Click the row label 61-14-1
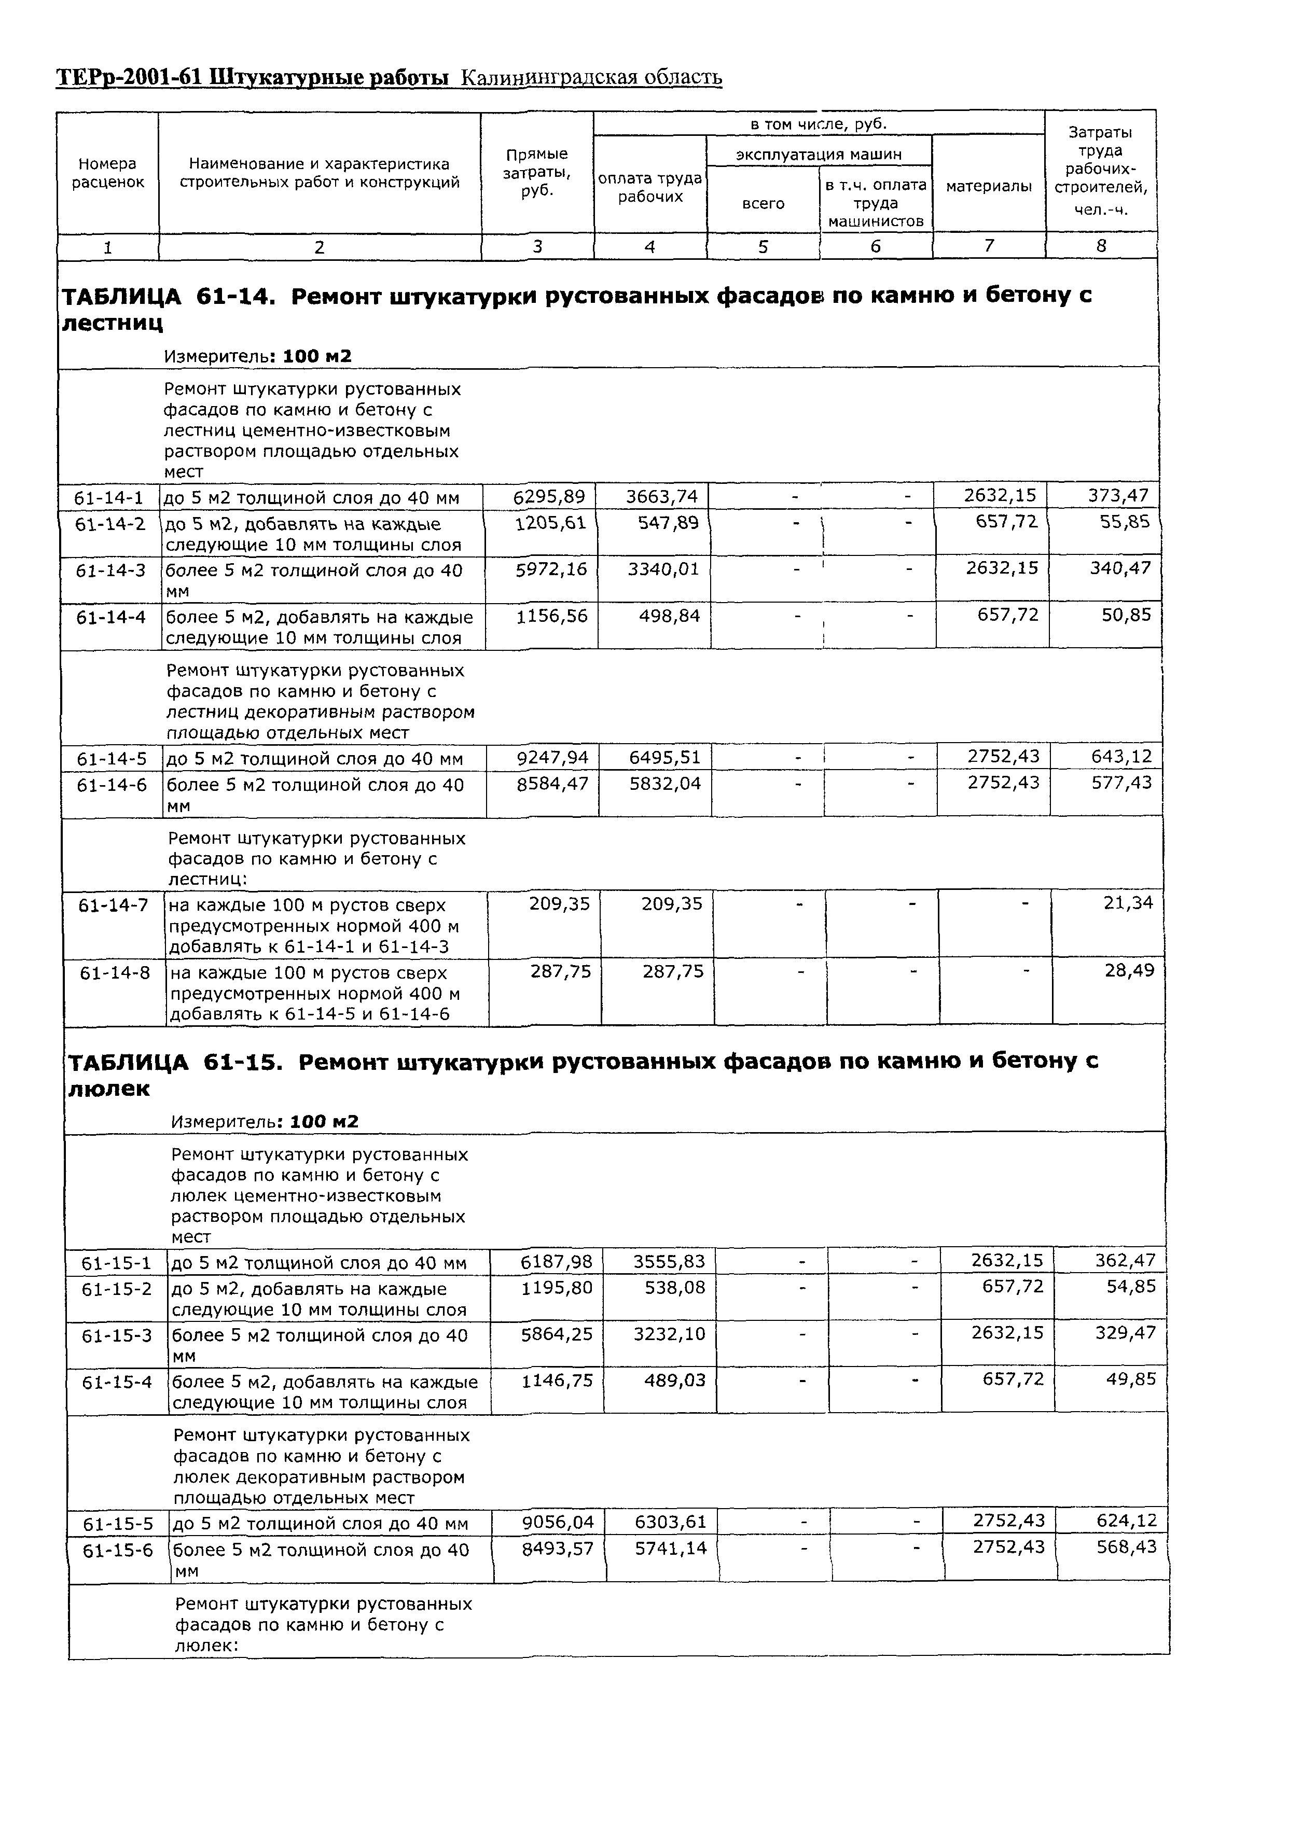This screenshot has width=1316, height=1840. [108, 497]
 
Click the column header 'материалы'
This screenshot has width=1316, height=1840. [989, 186]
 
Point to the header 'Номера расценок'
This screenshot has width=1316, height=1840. [108, 173]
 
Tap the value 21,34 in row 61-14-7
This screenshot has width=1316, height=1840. [1127, 902]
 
